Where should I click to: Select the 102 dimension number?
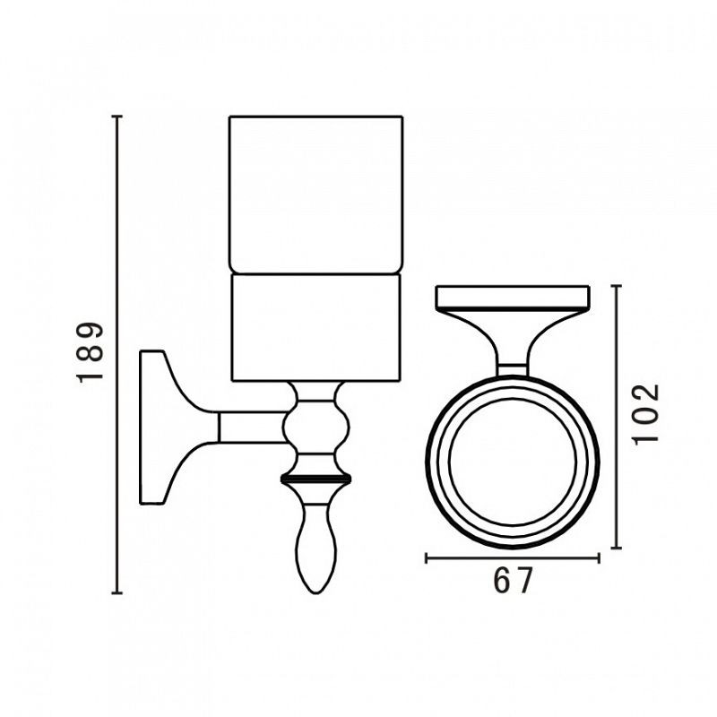(645, 413)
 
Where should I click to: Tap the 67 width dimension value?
(513, 581)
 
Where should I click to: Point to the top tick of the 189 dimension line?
(117, 117)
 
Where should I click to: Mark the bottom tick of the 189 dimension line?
(117, 593)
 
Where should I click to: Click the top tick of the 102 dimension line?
(616, 285)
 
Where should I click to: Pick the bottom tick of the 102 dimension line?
(616, 548)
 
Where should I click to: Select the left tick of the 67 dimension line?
(427, 557)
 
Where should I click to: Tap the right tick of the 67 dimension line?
(599, 557)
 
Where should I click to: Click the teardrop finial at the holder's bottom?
(316, 549)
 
